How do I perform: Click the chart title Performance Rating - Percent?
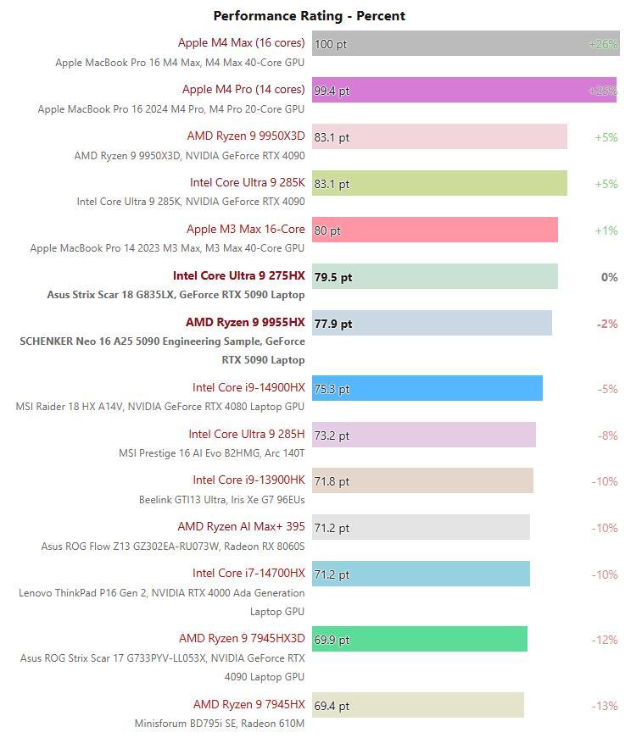(x=309, y=15)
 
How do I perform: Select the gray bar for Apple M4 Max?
(x=466, y=44)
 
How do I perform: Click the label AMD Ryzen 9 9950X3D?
(x=246, y=136)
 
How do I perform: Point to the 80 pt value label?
(x=327, y=230)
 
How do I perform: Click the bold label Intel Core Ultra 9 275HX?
(x=238, y=275)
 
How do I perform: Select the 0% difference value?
(x=609, y=277)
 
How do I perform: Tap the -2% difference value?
(x=606, y=324)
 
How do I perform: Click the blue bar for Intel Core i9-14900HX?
(x=427, y=389)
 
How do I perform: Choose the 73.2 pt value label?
(x=332, y=436)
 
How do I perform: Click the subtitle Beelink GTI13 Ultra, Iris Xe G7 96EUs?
(x=221, y=500)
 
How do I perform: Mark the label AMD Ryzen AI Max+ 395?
(x=241, y=526)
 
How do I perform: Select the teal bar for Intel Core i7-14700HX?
(x=421, y=574)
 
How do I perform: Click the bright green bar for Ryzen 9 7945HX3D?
(x=420, y=640)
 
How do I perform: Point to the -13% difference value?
(x=605, y=706)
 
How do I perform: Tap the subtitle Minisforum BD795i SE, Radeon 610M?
(x=219, y=724)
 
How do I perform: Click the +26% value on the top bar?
(x=603, y=44)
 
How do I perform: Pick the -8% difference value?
(x=606, y=436)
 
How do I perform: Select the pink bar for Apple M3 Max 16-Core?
(x=435, y=230)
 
